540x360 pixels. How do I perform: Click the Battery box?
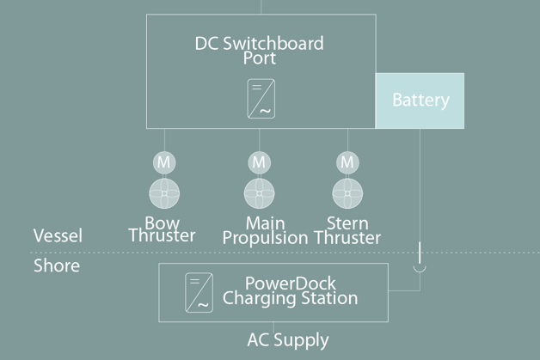[420, 101]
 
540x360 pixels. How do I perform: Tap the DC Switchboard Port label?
[259, 51]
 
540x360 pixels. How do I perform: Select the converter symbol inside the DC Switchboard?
[261, 99]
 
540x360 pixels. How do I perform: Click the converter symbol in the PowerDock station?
[199, 292]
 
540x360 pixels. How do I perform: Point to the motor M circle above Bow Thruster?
[163, 162]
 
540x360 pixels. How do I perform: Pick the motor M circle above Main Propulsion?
[259, 162]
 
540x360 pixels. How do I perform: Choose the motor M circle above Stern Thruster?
[347, 162]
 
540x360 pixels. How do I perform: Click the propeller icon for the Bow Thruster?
[163, 192]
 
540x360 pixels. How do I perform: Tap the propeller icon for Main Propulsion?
[259, 192]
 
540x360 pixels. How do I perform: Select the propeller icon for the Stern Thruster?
[347, 192]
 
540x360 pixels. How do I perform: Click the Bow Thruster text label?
[162, 229]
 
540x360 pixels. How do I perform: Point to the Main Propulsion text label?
[265, 230]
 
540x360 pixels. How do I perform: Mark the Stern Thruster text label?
[347, 230]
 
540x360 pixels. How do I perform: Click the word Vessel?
[58, 235]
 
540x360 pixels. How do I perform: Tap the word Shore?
[57, 265]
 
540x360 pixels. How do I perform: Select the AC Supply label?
[287, 339]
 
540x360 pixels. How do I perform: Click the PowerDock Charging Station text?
[290, 290]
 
